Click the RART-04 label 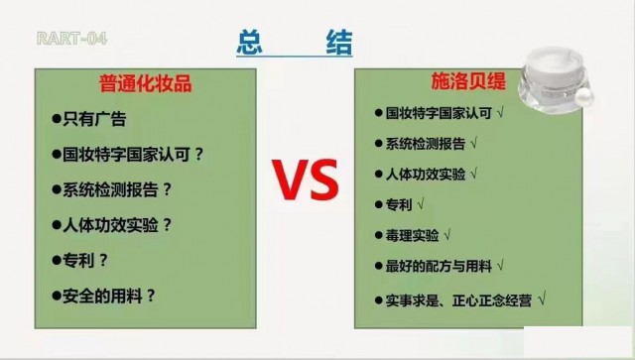(70, 40)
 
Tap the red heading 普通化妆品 (146, 85)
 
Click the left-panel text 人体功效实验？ (117, 224)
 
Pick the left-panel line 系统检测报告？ (117, 189)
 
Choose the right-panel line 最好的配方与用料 (438, 266)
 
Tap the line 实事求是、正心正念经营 (455, 298)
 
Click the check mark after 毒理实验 (448, 235)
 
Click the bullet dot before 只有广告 (57, 120)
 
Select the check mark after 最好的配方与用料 (502, 266)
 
